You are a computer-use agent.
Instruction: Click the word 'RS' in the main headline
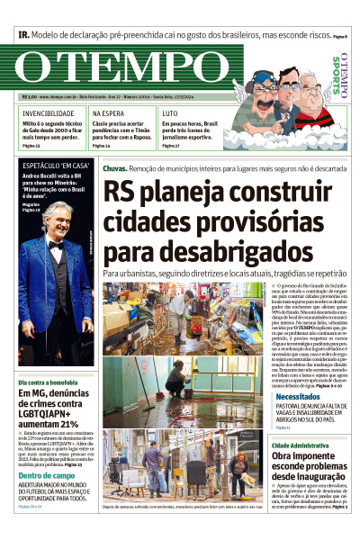(x=124, y=191)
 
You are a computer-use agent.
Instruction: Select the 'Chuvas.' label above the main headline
(x=114, y=168)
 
